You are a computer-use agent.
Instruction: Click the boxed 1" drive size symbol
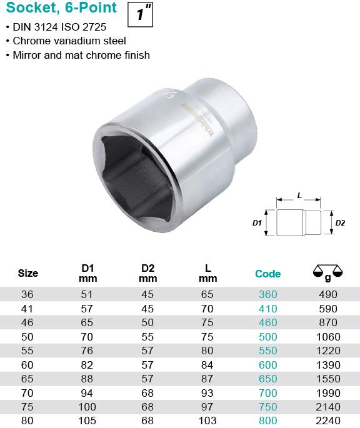140,14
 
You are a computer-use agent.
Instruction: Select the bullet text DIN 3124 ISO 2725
59,27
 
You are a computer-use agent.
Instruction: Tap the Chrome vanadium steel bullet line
69,41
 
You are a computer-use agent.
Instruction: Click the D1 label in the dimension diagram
257,223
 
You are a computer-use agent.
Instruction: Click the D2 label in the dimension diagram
340,223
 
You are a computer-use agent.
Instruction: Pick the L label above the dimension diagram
299,196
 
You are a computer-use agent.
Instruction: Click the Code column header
267,274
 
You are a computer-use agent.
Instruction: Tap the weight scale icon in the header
327,272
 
